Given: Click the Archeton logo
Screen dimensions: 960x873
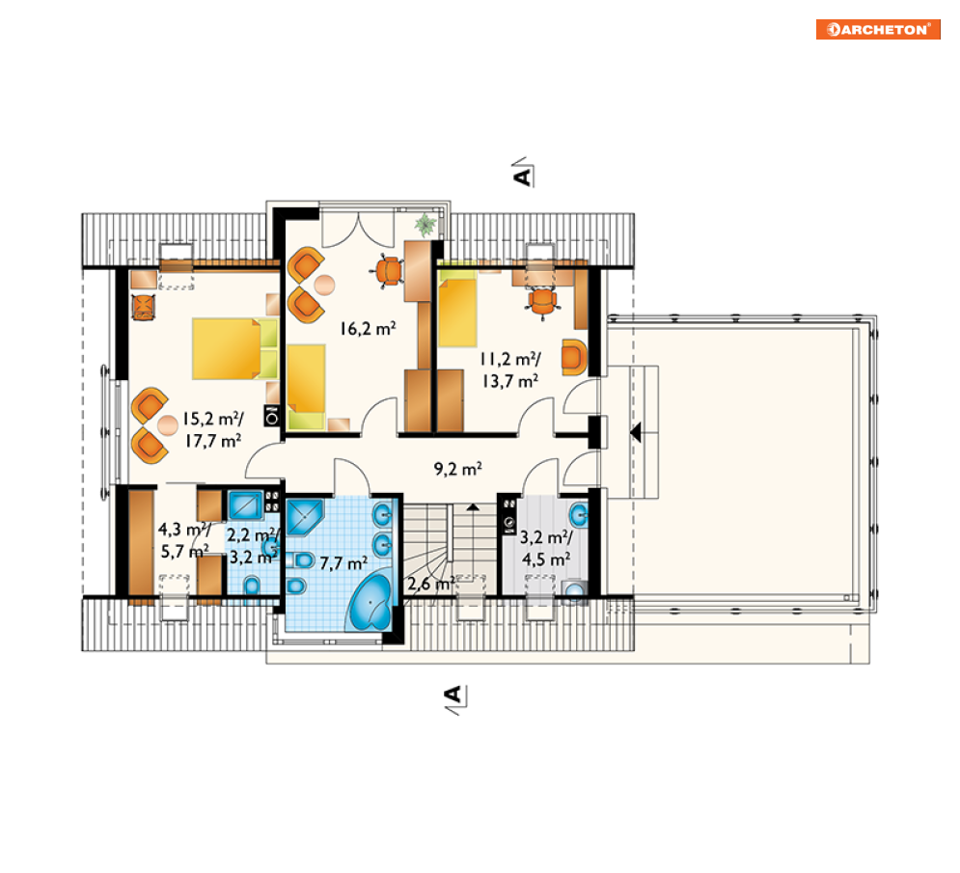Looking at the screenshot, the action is [878, 29].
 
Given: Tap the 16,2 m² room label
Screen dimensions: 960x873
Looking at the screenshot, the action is [368, 329].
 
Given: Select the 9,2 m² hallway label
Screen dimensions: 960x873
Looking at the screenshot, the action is [458, 469].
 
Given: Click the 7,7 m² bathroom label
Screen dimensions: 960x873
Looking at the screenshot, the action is [343, 562].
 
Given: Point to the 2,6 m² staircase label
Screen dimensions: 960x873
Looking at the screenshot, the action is [431, 584].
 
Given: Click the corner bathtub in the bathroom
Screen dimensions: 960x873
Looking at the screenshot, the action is [370, 602].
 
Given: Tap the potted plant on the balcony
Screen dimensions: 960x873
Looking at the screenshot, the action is [425, 224].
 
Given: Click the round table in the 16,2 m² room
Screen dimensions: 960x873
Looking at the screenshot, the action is [324, 285].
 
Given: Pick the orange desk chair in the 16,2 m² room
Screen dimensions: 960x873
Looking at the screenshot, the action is [388, 271].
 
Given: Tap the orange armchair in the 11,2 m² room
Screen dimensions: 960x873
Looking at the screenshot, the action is [574, 356].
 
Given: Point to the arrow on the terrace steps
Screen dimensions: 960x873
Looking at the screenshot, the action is [636, 432].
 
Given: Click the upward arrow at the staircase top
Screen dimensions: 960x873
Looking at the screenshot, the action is [473, 506].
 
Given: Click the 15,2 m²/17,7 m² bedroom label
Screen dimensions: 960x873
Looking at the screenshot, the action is [213, 430].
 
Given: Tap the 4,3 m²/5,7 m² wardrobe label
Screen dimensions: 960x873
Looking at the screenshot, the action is [184, 540].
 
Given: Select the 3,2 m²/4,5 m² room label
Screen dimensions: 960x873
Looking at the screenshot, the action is [546, 549].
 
